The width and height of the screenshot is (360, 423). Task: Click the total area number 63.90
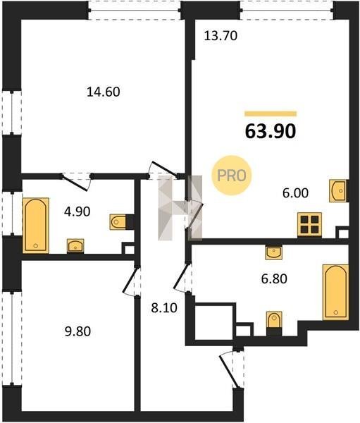tap(271, 131)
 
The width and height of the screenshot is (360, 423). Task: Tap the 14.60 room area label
tap(104, 92)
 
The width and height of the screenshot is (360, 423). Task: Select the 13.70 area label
tap(221, 36)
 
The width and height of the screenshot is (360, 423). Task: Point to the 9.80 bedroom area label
tap(77, 331)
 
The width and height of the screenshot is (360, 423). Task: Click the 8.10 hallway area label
tap(164, 308)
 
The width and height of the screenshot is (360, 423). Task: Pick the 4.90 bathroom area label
tap(77, 211)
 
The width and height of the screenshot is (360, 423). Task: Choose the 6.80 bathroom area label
tap(274, 278)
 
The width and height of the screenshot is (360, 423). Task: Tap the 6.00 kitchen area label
tap(296, 193)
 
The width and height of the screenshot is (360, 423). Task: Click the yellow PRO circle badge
tap(231, 176)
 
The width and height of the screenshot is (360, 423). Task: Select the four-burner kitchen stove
tap(309, 225)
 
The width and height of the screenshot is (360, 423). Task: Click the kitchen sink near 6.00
tap(339, 191)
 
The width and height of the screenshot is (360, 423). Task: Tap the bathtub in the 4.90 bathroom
tap(36, 226)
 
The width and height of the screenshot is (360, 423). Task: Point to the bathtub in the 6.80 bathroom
tap(336, 292)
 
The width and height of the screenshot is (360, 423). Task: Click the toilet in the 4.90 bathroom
tap(118, 222)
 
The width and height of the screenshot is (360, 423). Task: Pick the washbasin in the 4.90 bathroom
tap(75, 246)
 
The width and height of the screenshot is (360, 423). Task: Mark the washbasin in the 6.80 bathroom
tap(274, 253)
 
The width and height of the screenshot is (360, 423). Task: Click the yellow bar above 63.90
tap(271, 114)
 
